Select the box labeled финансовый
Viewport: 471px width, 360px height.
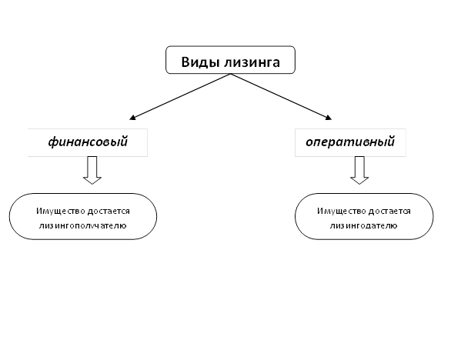click(x=87, y=142)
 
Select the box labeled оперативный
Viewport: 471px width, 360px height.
click(x=349, y=142)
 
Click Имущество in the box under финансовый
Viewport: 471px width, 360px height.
click(x=55, y=211)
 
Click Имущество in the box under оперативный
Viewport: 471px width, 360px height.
click(x=337, y=211)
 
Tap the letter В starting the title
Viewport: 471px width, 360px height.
click(x=185, y=62)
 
